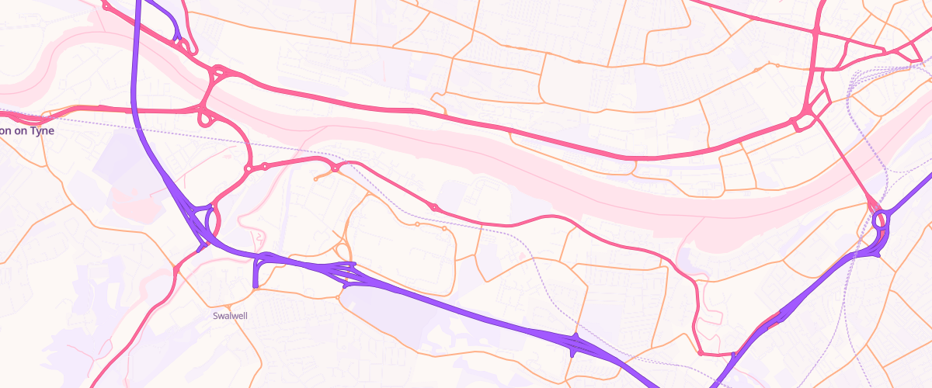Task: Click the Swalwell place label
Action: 229,317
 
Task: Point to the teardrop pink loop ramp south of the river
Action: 207,119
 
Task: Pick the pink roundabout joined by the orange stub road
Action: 335,168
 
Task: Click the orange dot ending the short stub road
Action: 315,179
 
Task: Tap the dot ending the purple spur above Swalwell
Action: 256,287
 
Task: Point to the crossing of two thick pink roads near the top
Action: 815,31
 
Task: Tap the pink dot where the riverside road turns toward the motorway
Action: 701,353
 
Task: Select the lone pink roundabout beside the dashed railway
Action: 433,207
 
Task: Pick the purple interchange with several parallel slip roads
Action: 342,272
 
